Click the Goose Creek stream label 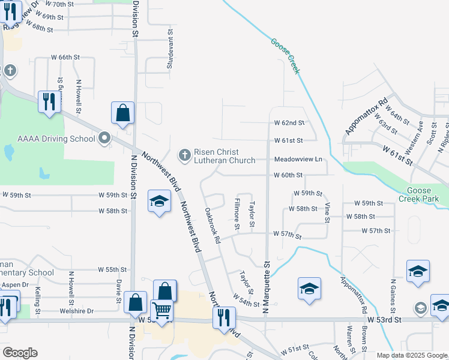click(x=285, y=56)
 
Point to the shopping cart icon click(x=161, y=311)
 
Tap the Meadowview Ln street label click(x=298, y=160)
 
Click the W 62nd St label click(x=289, y=123)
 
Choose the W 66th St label click(x=65, y=58)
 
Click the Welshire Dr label click(x=77, y=311)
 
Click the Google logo click(x=20, y=353)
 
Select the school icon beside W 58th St click(x=159, y=201)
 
